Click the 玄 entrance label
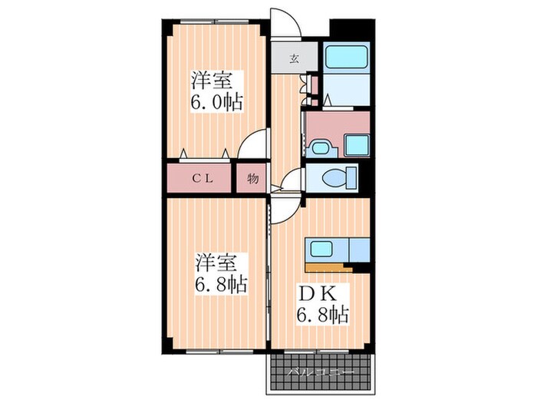294,58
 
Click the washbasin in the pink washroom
320,147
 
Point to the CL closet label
202,178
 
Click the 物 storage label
252,178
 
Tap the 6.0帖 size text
217,103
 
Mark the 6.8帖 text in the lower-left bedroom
220,284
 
